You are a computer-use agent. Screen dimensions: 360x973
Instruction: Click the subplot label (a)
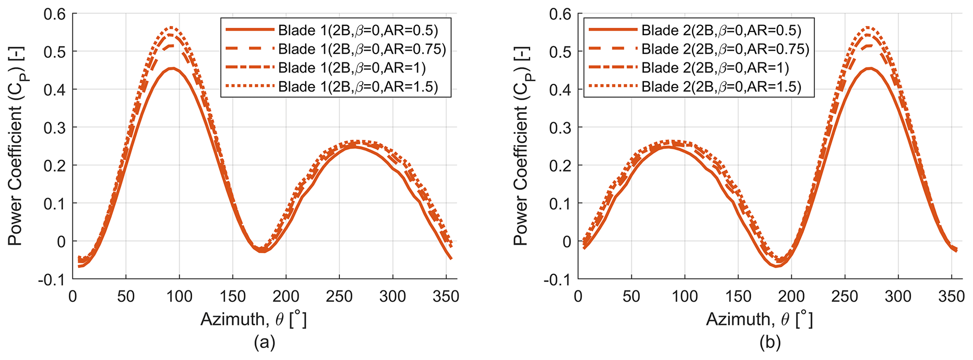(x=264, y=342)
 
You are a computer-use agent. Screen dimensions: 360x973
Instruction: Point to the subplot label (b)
(x=770, y=342)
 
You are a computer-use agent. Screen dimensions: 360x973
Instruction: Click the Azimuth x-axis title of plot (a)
(x=254, y=320)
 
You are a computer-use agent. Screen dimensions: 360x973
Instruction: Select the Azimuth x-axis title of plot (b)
(x=759, y=320)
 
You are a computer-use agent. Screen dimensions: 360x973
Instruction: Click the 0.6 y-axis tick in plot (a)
(x=55, y=14)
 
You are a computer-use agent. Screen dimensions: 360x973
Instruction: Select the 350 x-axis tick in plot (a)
(x=446, y=296)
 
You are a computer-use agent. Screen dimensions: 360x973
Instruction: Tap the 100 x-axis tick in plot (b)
(x=684, y=296)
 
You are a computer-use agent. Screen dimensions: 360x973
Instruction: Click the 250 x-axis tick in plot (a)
(x=339, y=296)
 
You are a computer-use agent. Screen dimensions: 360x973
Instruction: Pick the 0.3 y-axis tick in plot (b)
(x=560, y=128)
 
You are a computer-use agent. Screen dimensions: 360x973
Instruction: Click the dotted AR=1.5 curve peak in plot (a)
(x=172, y=27)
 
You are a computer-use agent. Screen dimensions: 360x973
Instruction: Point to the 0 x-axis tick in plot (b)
(x=578, y=296)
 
